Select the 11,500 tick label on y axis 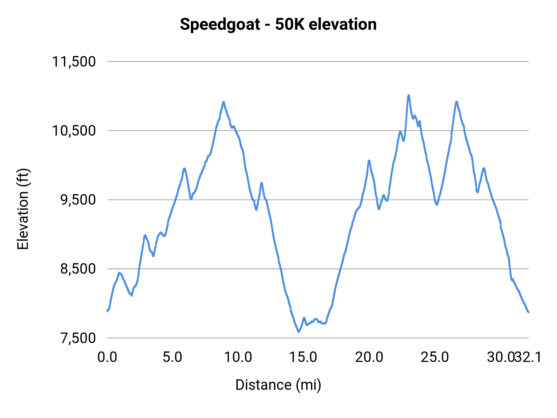point(74,62)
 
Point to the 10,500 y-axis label point(74,131)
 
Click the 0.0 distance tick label point(107,357)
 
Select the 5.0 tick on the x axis point(172,357)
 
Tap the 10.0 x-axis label point(238,357)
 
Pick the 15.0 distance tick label point(303,357)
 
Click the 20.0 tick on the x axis point(369,357)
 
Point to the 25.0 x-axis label point(434,357)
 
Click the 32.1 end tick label point(529,357)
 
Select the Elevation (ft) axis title point(23,209)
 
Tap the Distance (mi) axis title point(278,385)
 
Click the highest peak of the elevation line point(408,95)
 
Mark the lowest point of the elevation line point(299,332)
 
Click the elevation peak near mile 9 point(223,102)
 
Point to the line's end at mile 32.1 point(529,312)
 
